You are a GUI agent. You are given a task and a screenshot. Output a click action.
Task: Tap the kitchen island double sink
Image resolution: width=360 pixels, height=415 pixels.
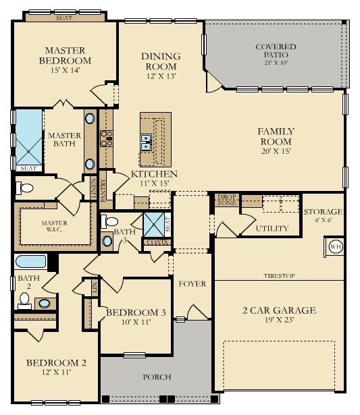click(x=146, y=142)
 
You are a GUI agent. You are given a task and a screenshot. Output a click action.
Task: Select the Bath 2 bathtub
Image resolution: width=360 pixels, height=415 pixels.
click(x=31, y=262)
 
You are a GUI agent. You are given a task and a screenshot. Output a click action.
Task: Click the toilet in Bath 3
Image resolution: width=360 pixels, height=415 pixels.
click(x=109, y=221)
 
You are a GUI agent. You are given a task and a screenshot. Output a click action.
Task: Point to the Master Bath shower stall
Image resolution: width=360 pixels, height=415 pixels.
click(x=29, y=138)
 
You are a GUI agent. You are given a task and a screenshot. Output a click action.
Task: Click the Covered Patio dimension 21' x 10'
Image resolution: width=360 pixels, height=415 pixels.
click(x=276, y=63)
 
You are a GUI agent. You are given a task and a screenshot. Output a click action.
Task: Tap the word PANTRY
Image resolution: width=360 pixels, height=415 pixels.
click(x=103, y=190)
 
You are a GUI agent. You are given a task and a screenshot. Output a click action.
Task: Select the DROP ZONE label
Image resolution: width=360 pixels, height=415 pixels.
click(x=227, y=200)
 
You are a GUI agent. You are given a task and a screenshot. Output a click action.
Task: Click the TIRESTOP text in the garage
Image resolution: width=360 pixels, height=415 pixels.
click(x=279, y=276)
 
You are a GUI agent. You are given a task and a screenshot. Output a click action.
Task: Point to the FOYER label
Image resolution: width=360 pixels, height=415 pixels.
click(x=192, y=283)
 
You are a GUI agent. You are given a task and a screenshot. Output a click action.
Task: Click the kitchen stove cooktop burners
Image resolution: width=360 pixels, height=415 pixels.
click(x=106, y=138)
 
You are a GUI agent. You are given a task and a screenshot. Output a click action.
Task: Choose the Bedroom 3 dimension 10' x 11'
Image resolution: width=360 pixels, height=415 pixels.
click(x=136, y=322)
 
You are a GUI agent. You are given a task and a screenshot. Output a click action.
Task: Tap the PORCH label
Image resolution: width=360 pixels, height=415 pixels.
click(x=157, y=377)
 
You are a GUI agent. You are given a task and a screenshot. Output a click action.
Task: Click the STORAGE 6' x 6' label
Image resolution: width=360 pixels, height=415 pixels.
click(x=323, y=215)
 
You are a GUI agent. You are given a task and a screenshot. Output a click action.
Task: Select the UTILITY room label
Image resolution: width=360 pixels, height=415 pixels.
click(x=272, y=228)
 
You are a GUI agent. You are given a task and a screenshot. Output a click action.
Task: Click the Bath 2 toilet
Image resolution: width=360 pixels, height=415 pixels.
click(x=24, y=301)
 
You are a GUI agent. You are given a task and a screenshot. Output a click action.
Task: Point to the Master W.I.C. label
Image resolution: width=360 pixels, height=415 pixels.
click(x=54, y=226)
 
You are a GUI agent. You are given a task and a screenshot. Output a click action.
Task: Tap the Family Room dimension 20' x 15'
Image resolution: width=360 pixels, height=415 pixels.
click(x=276, y=151)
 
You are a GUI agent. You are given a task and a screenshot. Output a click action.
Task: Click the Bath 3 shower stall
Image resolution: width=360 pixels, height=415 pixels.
click(x=154, y=225)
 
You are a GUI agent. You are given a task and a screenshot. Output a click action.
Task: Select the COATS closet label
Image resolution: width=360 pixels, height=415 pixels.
click(x=157, y=242)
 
